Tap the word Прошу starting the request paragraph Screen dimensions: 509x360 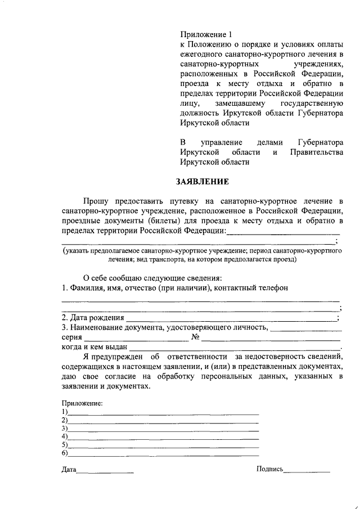(97, 200)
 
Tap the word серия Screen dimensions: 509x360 (71, 337)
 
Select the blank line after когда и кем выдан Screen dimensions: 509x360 (236, 349)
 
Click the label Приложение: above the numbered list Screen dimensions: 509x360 (82, 403)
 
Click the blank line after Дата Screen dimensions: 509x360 (105, 470)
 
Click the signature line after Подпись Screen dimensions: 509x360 (307, 470)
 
